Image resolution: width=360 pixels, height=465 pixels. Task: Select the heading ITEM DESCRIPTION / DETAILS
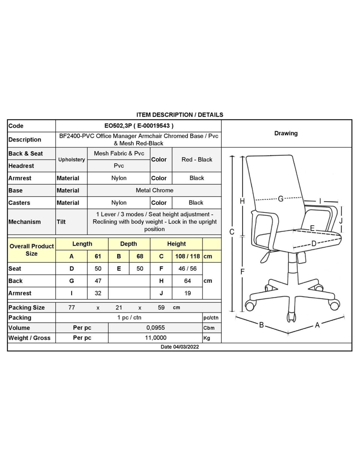coord(180,115)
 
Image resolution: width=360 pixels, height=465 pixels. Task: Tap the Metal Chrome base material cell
coord(154,190)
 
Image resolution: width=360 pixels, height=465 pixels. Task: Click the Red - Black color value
coord(197,160)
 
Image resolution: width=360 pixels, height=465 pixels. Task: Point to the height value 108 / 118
coord(187,256)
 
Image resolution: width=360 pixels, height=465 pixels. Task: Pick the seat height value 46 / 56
coord(187,268)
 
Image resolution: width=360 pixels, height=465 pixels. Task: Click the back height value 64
coord(187,281)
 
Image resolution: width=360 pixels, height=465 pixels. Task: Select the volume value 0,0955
coord(155,328)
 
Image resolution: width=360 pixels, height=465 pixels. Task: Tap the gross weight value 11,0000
coord(155,338)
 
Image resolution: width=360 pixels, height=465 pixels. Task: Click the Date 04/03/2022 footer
coord(180,347)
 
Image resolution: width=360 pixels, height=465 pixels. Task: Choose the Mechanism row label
coord(25,222)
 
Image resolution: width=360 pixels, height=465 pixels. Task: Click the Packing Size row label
coord(27,307)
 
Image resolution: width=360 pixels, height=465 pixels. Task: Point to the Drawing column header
coord(286,133)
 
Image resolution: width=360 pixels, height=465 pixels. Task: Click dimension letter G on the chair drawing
coord(280,199)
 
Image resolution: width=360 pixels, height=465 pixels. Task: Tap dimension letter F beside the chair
coord(243,271)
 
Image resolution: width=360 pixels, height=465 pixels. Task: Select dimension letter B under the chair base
coord(261,325)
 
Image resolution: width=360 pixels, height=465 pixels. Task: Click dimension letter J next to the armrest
coord(341,221)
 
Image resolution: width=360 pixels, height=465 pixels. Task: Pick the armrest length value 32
coord(98,293)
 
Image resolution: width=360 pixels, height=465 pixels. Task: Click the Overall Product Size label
coord(31,250)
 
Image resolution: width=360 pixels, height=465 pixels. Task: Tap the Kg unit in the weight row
coord(207,338)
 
